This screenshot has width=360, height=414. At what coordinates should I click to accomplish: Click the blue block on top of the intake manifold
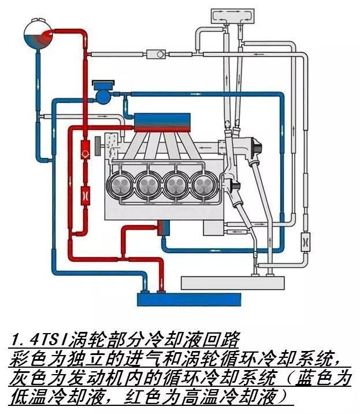(152, 120)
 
